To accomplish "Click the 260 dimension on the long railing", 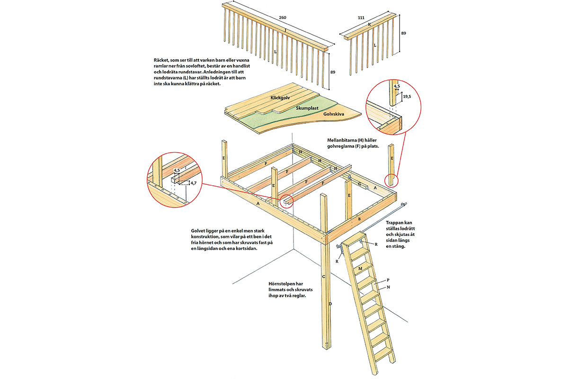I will click(x=283, y=18).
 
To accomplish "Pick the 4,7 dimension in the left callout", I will click(x=193, y=182).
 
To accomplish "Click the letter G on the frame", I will click(x=360, y=184).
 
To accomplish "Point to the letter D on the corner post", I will click(x=330, y=304).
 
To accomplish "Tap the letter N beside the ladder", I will click(x=388, y=287).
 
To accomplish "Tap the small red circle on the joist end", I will click(x=286, y=201).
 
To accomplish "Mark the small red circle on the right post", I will click(x=391, y=180).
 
